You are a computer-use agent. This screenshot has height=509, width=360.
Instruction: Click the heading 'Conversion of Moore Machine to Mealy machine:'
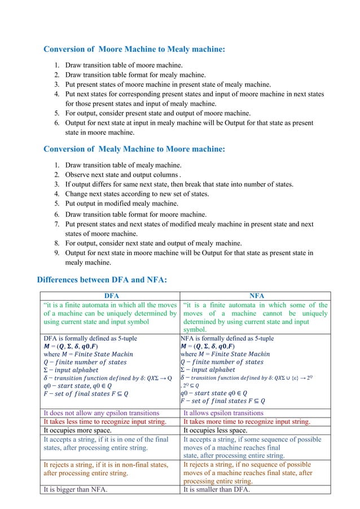coord(134,50)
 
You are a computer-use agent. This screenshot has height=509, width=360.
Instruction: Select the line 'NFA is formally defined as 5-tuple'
coord(226,339)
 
